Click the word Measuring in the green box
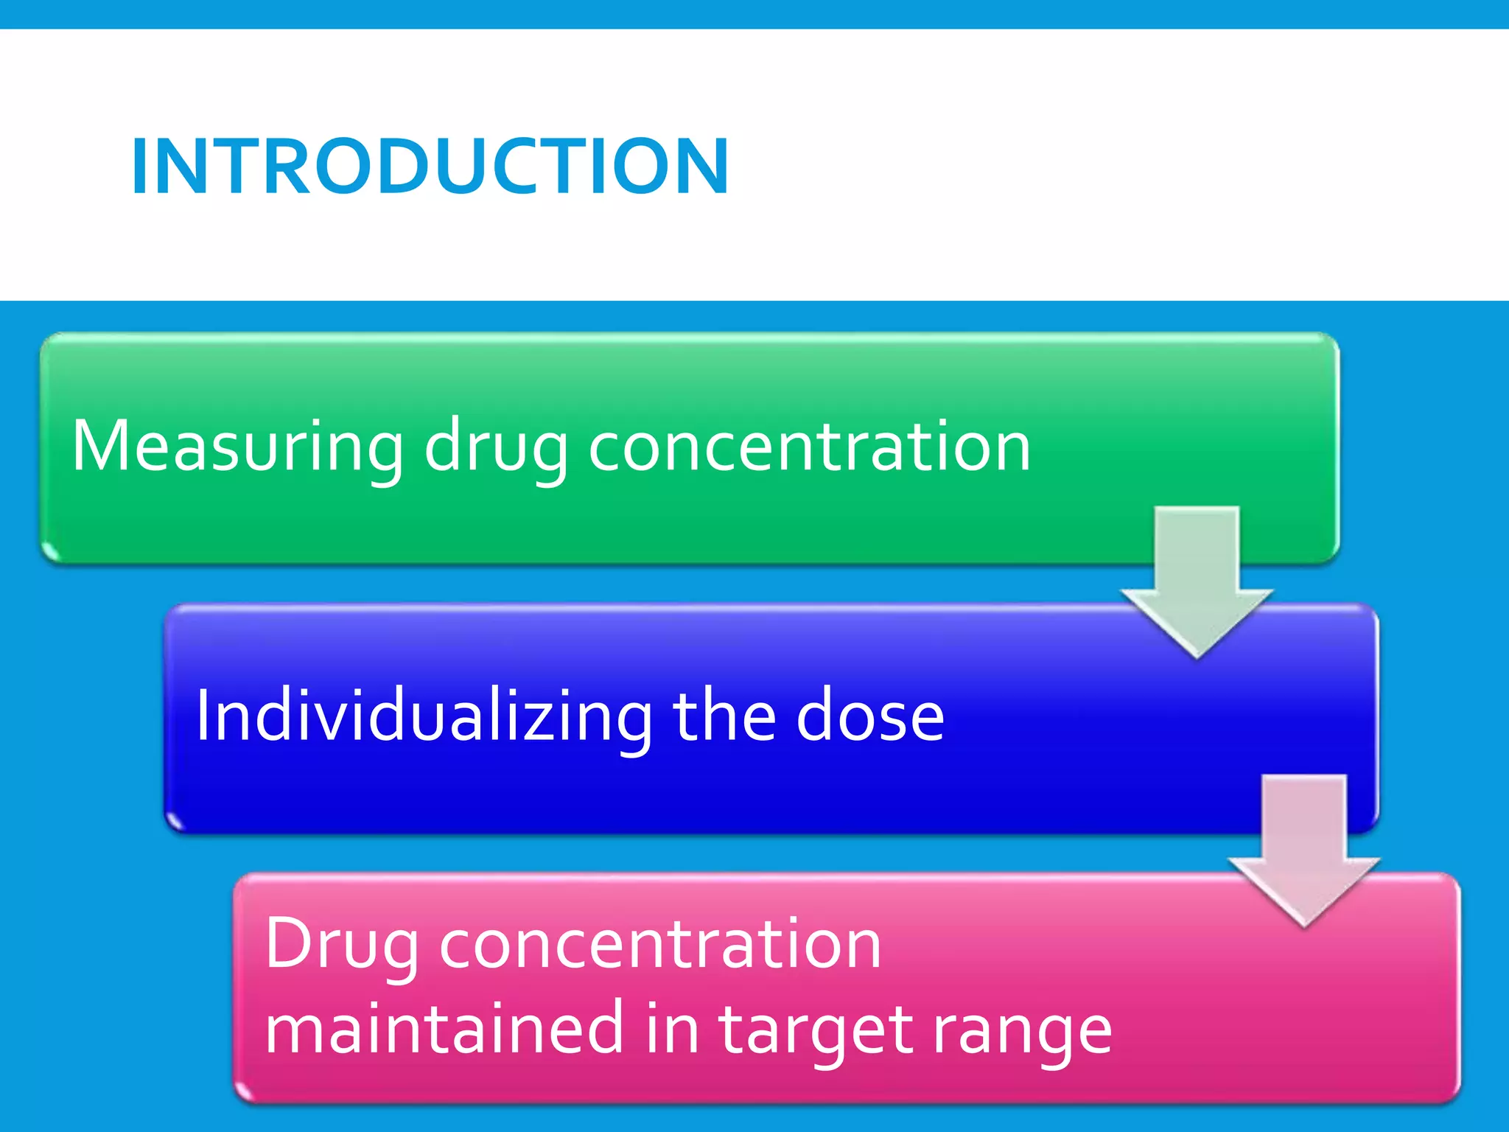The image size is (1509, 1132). [x=237, y=447]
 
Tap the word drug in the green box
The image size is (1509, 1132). [x=495, y=447]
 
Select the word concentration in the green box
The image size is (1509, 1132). [x=808, y=447]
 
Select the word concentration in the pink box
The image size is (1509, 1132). [x=660, y=946]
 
